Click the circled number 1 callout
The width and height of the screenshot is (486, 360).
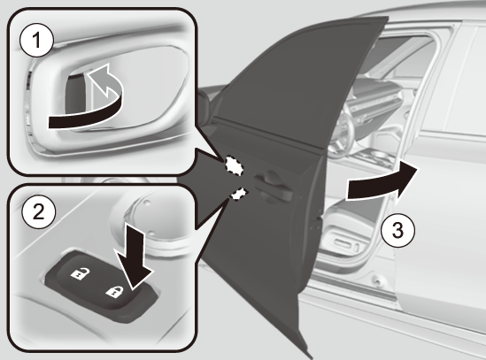coord(36,41)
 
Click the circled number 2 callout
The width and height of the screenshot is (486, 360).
coord(38,212)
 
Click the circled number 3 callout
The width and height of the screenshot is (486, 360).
coord(397,230)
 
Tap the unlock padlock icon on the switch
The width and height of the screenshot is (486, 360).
coord(80,274)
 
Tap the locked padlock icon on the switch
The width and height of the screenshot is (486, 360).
coord(114,292)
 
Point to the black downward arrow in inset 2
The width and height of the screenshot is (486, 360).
coord(134,257)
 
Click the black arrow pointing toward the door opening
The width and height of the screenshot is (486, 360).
coord(382,182)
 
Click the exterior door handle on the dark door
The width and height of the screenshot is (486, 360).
coord(274,187)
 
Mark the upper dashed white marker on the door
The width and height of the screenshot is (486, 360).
coord(234,165)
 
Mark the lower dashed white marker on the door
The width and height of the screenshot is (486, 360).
coord(239,195)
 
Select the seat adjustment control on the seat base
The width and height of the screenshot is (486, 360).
coord(344,242)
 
